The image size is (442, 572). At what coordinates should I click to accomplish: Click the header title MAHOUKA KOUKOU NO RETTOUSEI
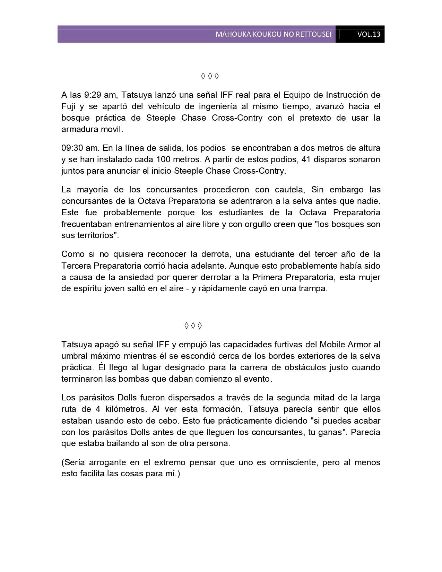(x=273, y=34)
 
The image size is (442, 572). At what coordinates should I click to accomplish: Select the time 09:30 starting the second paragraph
(x=71, y=148)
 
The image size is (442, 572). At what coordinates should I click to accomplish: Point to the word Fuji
(x=68, y=106)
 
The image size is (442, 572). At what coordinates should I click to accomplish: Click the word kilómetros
(x=123, y=409)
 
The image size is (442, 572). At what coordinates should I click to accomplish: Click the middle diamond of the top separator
(x=210, y=76)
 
